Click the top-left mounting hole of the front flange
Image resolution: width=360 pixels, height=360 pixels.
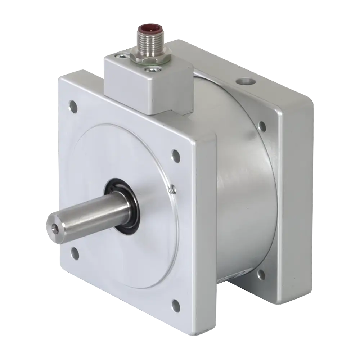[x=74, y=106]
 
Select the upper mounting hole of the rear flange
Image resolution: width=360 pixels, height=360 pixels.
[x=262, y=126]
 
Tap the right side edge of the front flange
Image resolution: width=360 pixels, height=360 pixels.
[x=207, y=234]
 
